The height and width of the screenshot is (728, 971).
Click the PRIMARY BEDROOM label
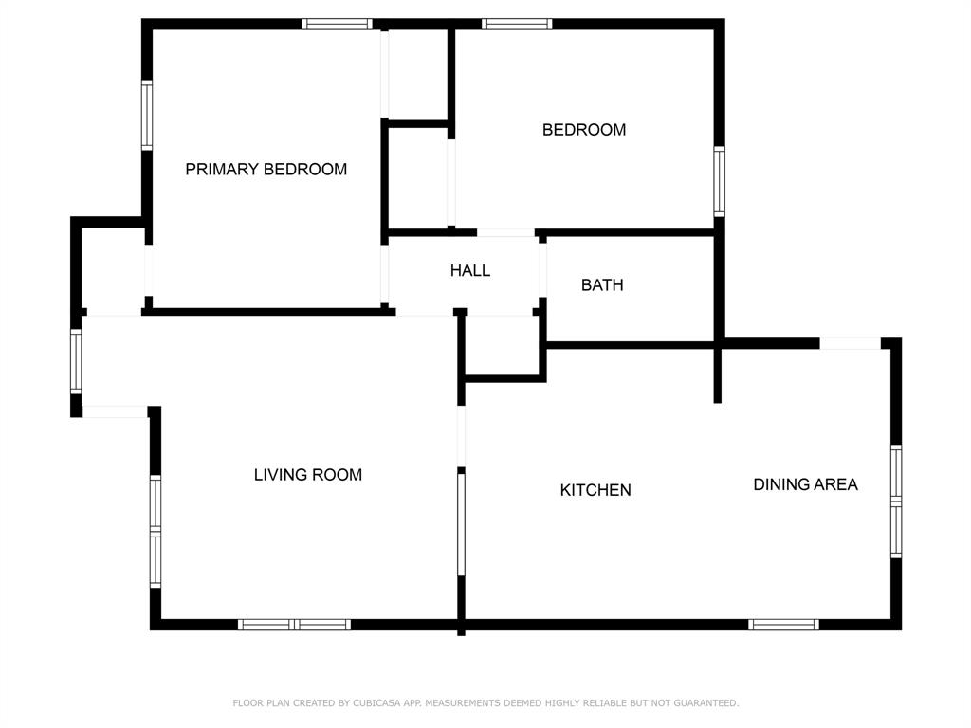266,170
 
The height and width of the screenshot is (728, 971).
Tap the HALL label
470,271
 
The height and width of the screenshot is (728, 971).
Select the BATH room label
602,284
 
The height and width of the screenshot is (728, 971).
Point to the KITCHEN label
595,490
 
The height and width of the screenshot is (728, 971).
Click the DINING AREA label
805,484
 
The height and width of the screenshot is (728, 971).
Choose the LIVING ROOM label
307,475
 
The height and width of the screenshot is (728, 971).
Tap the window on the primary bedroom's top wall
337,24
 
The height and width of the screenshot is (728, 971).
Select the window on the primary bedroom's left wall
147,116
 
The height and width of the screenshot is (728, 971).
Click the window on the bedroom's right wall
720,182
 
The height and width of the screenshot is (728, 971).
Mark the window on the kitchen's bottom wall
783,625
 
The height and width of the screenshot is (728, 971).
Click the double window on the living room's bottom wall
294,625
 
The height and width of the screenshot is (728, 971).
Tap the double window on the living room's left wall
156,531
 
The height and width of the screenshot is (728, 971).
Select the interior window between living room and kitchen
462,523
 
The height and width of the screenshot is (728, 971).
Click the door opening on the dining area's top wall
851,343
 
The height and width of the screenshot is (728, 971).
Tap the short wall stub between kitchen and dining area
718,374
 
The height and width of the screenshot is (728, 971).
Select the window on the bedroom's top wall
517,24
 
